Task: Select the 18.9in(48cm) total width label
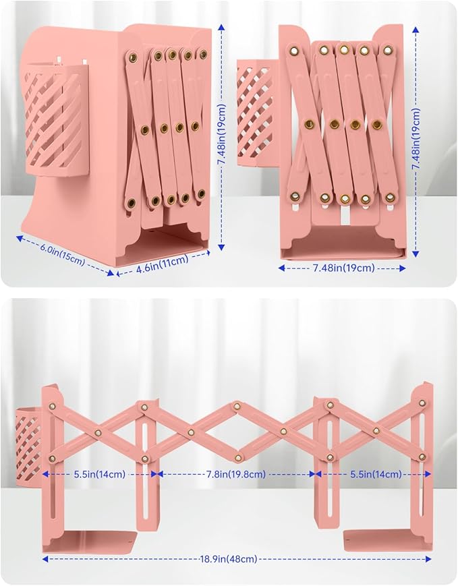pyautogui.click(x=228, y=559)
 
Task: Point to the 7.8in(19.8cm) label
pyautogui.click(x=236, y=474)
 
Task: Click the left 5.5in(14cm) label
pyautogui.click(x=99, y=474)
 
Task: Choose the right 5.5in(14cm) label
pyautogui.click(x=376, y=474)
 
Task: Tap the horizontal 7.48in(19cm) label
pyautogui.click(x=343, y=268)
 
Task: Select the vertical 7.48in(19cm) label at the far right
pyautogui.click(x=416, y=139)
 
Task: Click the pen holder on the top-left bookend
pyautogui.click(x=55, y=119)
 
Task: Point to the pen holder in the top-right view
pyautogui.click(x=258, y=113)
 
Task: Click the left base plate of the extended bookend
pyautogui.click(x=90, y=541)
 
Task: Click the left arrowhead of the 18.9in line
pyautogui.click(x=45, y=559)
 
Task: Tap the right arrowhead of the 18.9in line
pyautogui.click(x=428, y=559)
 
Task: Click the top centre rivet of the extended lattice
pyautogui.click(x=237, y=407)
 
